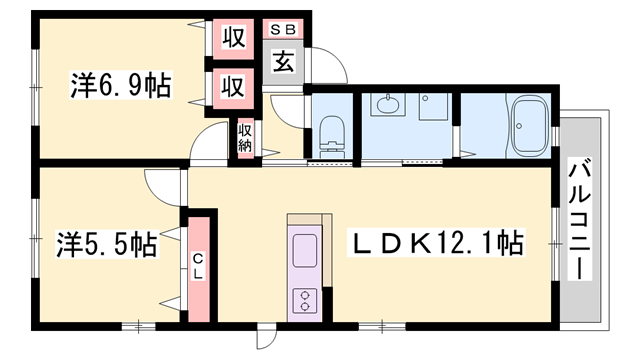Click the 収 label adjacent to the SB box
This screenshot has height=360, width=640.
pyautogui.click(x=233, y=39)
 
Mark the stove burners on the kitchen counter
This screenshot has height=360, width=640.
pyautogui.click(x=304, y=299)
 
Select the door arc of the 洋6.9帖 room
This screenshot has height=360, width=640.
pyautogui.click(x=212, y=143)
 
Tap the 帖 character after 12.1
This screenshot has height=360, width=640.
pyautogui.click(x=510, y=242)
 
